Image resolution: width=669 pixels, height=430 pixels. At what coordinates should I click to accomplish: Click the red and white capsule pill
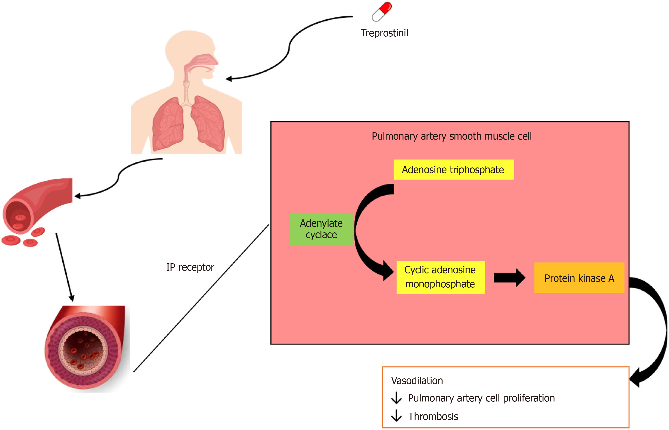382,12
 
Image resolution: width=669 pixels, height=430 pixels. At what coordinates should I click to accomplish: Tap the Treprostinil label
384,33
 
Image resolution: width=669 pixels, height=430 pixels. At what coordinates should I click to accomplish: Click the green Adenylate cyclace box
321,229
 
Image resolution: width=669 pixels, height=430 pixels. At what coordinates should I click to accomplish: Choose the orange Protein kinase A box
579,278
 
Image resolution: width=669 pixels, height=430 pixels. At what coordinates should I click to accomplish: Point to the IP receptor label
190,267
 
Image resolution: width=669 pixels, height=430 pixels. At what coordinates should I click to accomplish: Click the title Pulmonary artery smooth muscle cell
451,136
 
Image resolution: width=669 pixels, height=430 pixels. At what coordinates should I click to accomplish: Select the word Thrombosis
433,416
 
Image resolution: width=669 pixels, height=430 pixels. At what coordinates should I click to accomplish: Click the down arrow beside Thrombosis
396,415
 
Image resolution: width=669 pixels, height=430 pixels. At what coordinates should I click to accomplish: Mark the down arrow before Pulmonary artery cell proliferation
396,398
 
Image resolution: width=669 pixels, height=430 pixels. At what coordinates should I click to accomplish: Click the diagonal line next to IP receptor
201,298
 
